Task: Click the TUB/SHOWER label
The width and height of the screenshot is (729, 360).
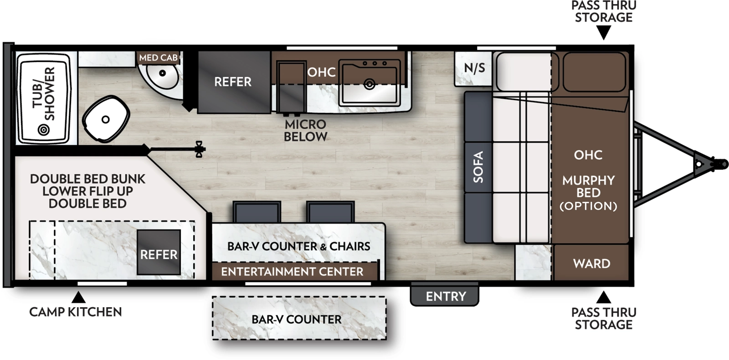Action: point(44,94)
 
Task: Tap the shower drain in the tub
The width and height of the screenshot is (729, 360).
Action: point(44,130)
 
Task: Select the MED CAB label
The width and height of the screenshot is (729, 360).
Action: point(158,58)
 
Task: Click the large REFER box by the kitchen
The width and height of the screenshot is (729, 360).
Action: point(233,82)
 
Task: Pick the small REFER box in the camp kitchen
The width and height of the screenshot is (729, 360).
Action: point(159,252)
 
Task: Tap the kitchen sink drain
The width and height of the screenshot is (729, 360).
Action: point(370,84)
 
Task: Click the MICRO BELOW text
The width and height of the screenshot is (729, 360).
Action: point(305,130)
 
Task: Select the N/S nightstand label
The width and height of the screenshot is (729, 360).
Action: point(474,68)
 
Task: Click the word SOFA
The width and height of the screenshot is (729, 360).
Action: point(478,167)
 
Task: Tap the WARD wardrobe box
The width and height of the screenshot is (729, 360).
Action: point(591,263)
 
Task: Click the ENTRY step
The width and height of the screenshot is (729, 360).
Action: point(445,296)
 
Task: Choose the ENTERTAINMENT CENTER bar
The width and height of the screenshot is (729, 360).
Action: point(293,272)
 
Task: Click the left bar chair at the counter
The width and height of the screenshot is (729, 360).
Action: point(257,212)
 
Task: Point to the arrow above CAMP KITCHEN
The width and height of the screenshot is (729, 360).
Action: point(79,298)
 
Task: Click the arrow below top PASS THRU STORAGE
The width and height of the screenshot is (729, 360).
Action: point(604,33)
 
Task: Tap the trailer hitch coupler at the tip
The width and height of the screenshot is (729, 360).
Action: point(720,164)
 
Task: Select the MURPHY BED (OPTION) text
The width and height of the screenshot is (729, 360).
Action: point(588,193)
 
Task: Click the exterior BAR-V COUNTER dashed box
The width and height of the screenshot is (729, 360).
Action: point(298,319)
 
